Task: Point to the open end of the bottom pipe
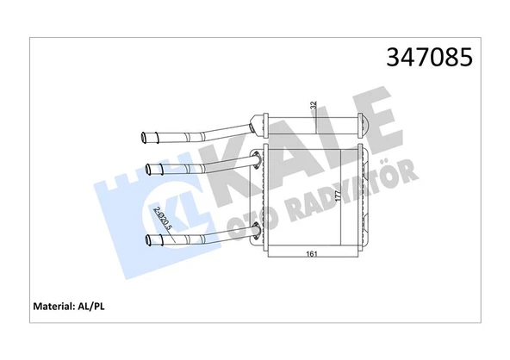coord(149,239)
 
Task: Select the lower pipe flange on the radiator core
coord(256,229)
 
